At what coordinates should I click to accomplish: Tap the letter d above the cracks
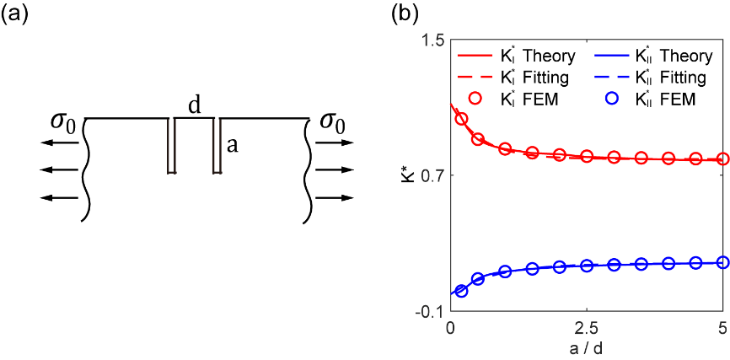coord(195,106)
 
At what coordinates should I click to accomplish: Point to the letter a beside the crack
coord(233,145)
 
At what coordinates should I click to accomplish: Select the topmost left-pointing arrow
coord(58,143)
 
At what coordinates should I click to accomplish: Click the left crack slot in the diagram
coord(171,146)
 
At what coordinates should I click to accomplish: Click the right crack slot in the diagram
coord(217,146)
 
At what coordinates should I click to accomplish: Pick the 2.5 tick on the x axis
coord(587,327)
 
